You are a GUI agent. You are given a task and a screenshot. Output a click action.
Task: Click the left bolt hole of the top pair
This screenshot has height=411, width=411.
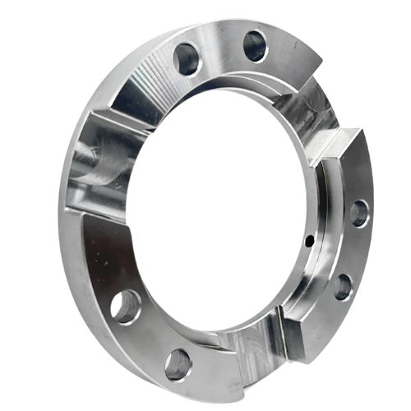tap(187, 59)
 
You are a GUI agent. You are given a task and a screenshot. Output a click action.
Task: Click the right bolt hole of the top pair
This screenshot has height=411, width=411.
tap(255, 45)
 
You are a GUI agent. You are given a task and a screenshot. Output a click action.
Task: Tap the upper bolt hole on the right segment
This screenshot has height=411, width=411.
tap(359, 213)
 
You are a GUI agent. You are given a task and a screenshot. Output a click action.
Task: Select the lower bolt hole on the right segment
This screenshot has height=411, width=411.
tap(343, 287)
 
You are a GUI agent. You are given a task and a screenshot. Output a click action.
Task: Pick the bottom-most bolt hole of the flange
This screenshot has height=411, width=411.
tap(178, 364)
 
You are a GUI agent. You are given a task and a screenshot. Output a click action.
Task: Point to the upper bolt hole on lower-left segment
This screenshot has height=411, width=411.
tap(125, 307)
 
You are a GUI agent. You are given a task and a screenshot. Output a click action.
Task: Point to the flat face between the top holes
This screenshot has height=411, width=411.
tap(220, 51)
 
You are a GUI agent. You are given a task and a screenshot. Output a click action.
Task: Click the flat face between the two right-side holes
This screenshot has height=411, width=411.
tap(352, 251)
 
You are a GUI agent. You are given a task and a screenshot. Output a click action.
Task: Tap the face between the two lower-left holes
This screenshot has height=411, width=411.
tap(148, 337)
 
